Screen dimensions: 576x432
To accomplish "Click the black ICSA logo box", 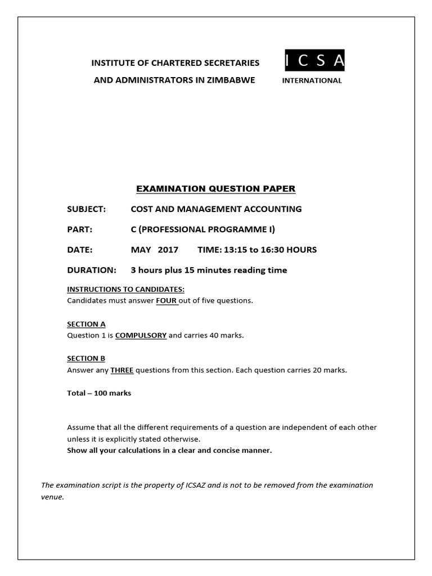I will click(x=314, y=61).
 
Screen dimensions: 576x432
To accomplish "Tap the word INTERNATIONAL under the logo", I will click(x=312, y=80).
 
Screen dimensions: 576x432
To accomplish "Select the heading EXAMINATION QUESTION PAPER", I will click(x=216, y=188).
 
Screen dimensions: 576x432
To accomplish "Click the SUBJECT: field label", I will click(x=87, y=209).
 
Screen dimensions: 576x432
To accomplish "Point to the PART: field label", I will click(x=79, y=229).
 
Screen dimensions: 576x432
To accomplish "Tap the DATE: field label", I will click(x=80, y=249).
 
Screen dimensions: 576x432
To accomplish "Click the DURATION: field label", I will click(x=92, y=270).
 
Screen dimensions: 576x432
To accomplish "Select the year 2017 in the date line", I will click(x=168, y=249).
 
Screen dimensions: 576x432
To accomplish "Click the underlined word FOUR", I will click(x=166, y=300).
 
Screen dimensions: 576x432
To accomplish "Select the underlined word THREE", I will click(x=122, y=370).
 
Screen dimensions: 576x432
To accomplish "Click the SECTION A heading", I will click(x=86, y=324).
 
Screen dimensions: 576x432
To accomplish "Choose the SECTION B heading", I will click(x=86, y=358).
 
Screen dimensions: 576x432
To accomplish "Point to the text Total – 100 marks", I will click(x=99, y=393).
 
